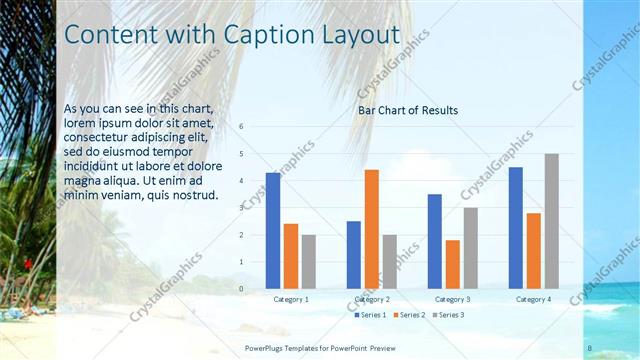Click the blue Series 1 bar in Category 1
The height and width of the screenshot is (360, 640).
tap(273, 231)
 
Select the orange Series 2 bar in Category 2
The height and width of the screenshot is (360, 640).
tap(372, 229)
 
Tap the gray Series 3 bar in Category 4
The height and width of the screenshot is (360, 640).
tap(552, 221)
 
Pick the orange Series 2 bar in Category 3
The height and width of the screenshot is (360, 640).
tap(453, 264)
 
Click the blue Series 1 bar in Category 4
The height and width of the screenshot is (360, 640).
tap(516, 228)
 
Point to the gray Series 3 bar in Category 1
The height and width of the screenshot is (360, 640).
tap(309, 262)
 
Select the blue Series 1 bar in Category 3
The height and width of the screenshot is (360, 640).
tap(435, 241)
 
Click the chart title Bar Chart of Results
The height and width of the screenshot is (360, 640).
tap(408, 110)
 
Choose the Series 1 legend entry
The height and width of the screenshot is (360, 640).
tap(371, 315)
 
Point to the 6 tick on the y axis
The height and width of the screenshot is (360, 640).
tap(241, 127)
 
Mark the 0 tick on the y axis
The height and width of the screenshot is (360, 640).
tap(241, 289)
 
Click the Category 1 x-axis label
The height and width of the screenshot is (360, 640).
tap(291, 299)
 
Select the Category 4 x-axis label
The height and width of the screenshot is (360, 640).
tap(534, 299)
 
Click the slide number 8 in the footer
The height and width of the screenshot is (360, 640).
tap(590, 347)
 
